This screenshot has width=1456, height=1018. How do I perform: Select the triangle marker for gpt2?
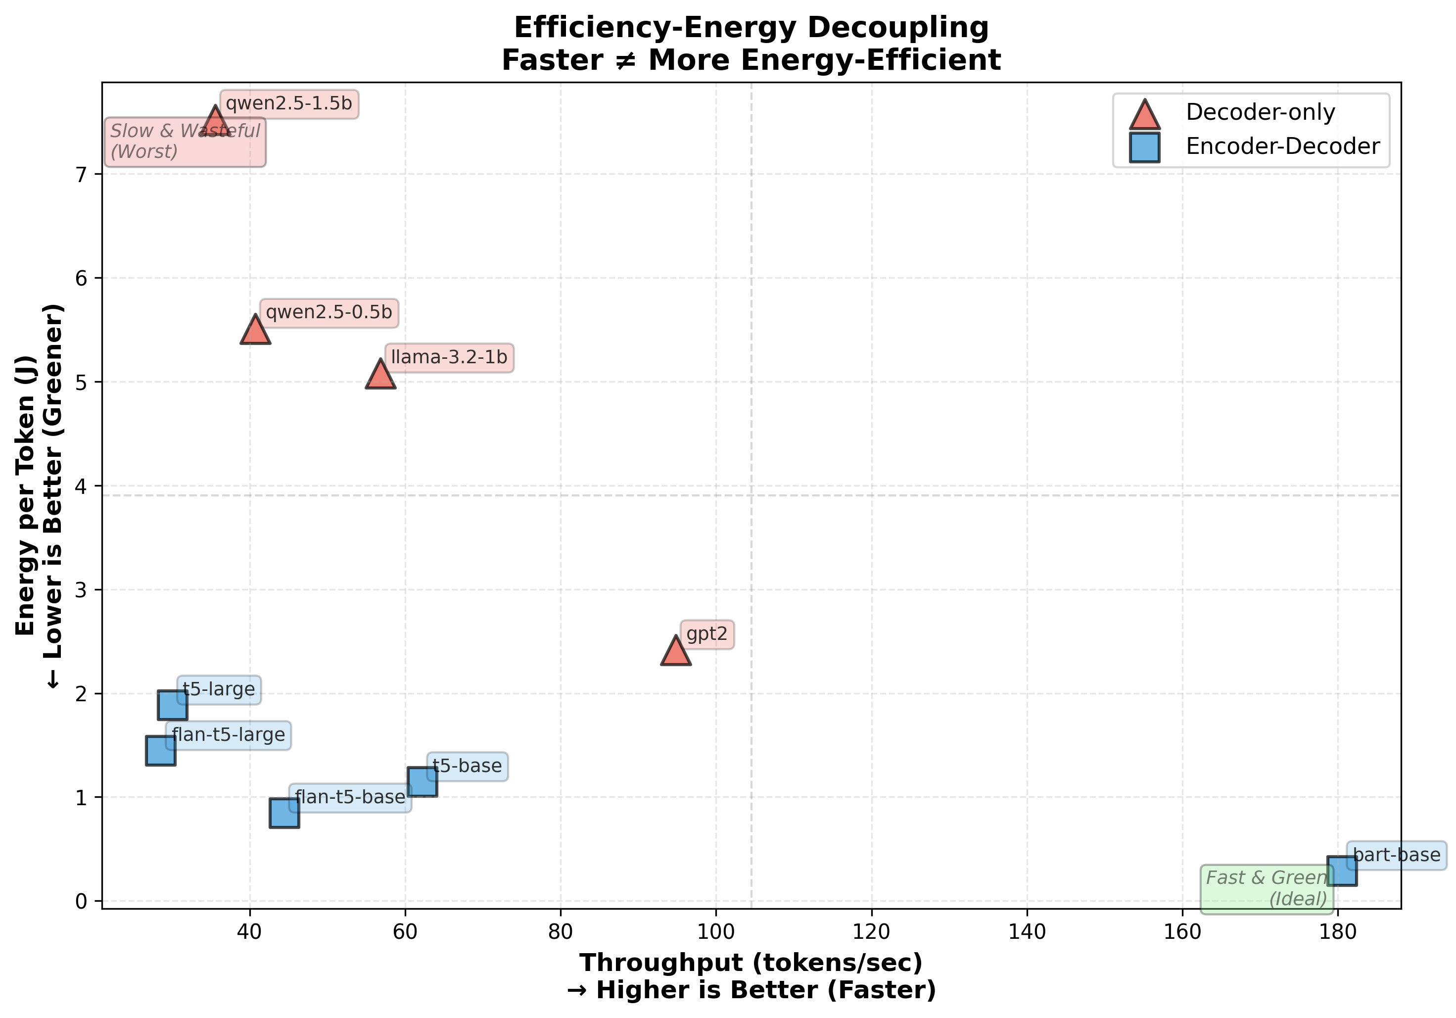(x=675, y=653)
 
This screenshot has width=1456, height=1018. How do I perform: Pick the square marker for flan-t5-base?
(x=284, y=813)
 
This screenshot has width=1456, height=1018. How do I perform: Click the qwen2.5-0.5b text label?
(x=329, y=313)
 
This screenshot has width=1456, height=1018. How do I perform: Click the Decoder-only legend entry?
(x=1260, y=112)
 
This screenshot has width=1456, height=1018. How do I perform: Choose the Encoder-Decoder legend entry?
(x=1282, y=146)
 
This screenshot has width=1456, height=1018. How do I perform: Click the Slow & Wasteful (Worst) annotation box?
(x=185, y=142)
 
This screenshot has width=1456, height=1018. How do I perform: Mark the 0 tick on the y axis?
(x=81, y=901)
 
